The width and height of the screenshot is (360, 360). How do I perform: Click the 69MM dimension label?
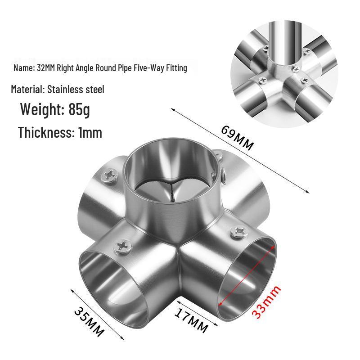238,138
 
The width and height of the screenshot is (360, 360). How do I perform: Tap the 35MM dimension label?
89,322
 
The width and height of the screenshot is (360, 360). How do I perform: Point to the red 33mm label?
266,301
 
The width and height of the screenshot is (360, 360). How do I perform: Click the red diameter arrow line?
247,275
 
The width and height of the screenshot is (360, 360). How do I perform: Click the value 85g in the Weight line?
79,109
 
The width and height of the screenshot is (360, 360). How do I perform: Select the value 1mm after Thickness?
90,132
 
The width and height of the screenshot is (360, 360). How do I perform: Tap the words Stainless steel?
76,89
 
